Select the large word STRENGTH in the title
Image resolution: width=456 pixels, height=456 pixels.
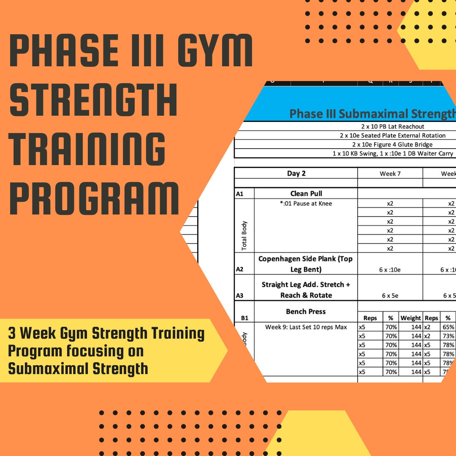[93, 100]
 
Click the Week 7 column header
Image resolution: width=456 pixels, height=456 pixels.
[390, 174]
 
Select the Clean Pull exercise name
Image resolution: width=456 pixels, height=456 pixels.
[306, 193]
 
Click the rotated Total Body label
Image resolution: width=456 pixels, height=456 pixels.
[244, 236]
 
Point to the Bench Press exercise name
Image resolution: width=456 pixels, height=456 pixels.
[306, 312]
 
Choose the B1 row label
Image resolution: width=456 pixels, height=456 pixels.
[244, 318]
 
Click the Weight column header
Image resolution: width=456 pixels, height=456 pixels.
[410, 318]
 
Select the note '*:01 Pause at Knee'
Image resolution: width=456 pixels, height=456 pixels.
[306, 204]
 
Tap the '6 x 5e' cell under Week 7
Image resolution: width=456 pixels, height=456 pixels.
[390, 296]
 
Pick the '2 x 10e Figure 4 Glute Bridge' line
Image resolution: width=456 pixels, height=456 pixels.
[393, 144]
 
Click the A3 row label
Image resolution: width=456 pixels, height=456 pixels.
[239, 296]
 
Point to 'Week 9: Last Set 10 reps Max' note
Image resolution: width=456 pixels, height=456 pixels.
[306, 327]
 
